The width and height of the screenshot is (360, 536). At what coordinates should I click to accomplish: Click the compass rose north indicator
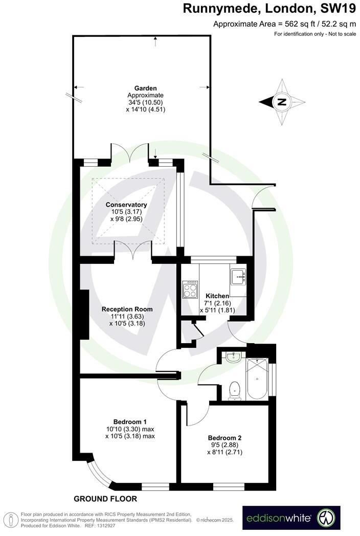[281, 102]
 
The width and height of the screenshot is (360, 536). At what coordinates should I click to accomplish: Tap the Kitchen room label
[217, 296]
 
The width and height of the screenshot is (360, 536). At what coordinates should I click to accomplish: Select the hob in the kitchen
[189, 289]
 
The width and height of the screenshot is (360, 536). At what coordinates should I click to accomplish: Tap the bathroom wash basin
[232, 357]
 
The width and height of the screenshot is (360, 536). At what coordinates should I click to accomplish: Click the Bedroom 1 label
[130, 421]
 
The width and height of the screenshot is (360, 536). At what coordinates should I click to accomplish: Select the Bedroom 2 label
[224, 438]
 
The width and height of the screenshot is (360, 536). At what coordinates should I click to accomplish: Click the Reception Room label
[127, 309]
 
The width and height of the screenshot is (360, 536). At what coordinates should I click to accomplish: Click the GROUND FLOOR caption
[105, 499]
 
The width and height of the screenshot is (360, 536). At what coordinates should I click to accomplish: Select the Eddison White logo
[291, 518]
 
